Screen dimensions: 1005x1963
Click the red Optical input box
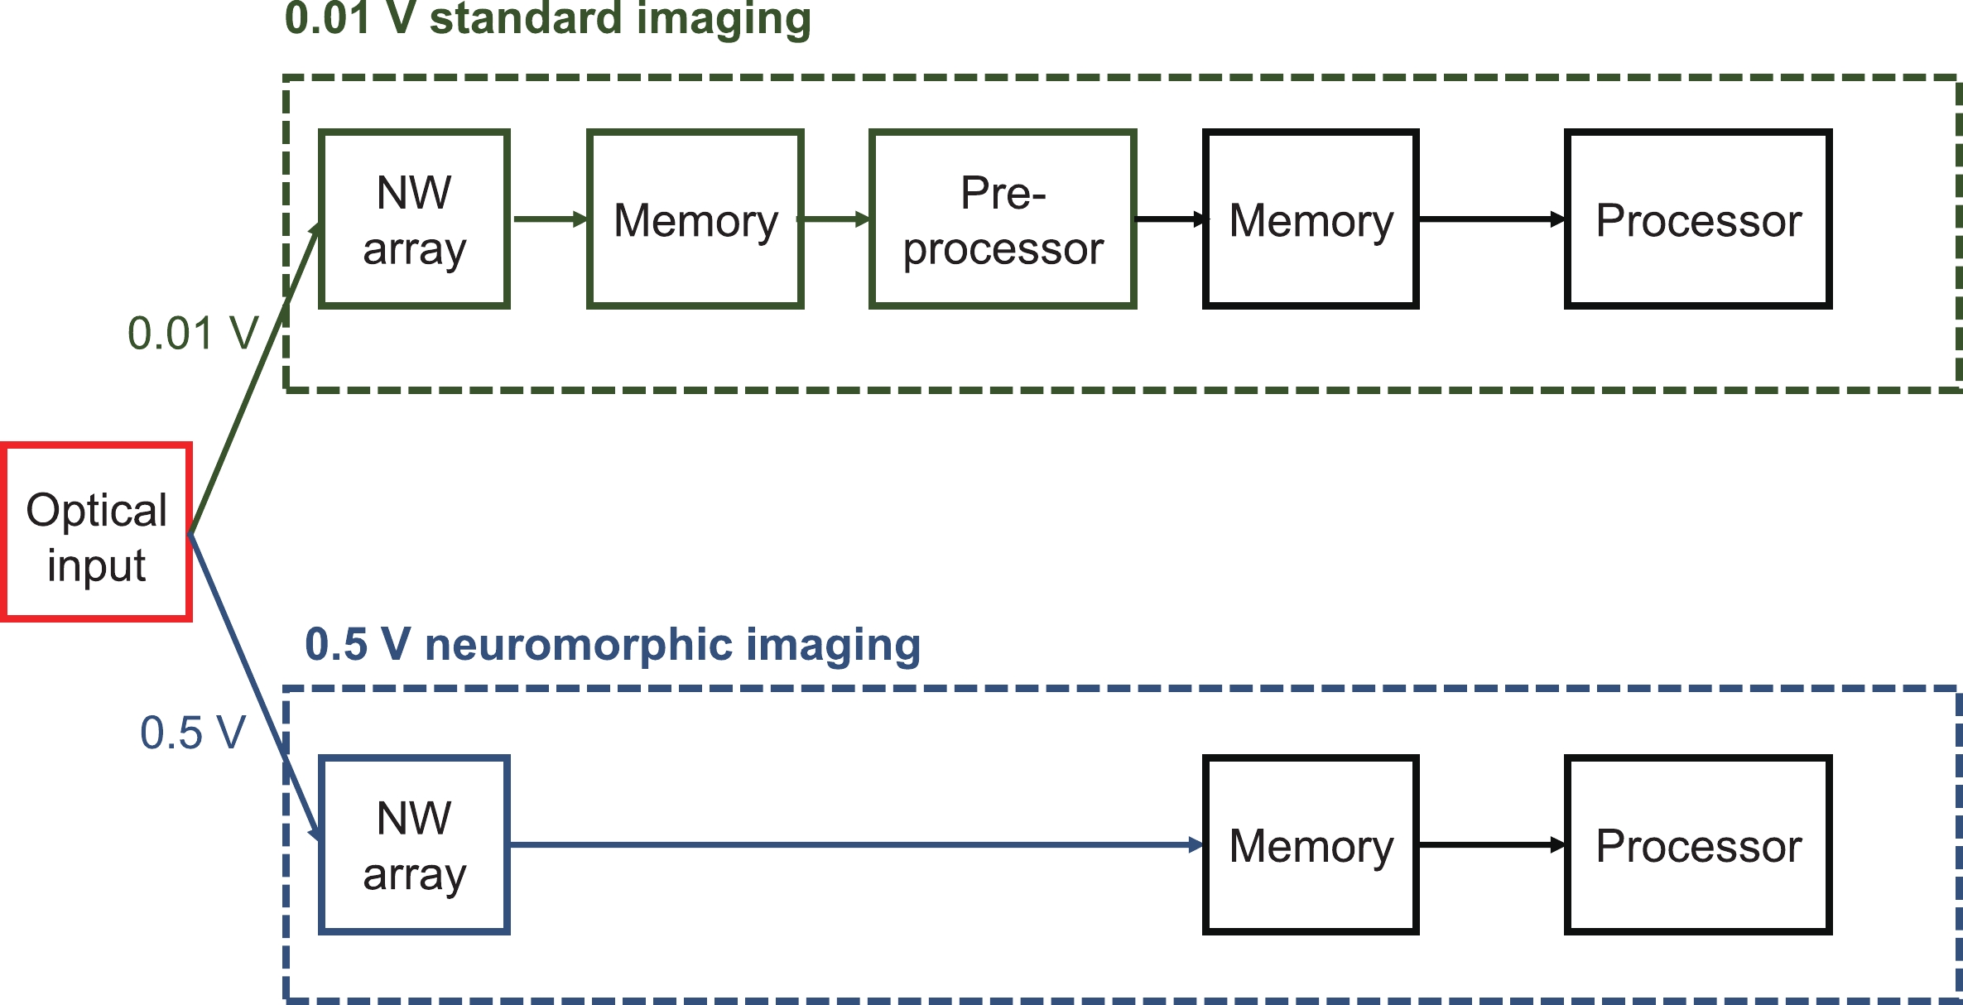coord(97,532)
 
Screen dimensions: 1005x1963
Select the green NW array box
coord(414,219)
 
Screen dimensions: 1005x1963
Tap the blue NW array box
coord(414,845)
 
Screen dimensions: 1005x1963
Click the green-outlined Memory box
coord(695,219)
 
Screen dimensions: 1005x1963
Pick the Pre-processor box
coord(1003,219)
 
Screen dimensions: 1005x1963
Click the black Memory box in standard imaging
coord(1311,219)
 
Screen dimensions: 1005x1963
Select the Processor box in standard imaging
coord(1698,219)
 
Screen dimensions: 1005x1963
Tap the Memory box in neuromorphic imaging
coord(1311,845)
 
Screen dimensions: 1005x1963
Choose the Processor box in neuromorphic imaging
coord(1698,845)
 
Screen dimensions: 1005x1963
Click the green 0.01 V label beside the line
coord(193,334)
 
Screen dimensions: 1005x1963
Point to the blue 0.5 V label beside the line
coord(193,733)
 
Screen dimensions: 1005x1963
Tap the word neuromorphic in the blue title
coord(578,644)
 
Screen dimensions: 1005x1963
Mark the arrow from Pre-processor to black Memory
coord(1170,219)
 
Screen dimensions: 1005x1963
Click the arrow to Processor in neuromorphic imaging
coord(1491,845)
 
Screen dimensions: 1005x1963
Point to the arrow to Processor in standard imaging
coord(1491,219)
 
